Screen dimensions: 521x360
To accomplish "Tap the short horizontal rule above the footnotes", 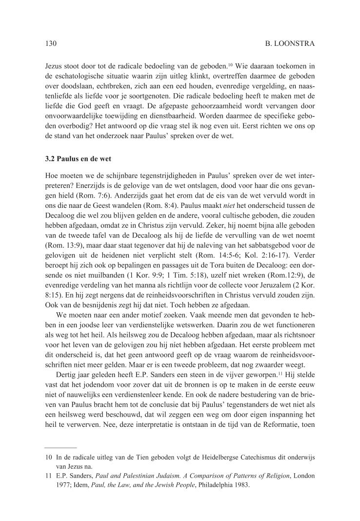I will [60, 447].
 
